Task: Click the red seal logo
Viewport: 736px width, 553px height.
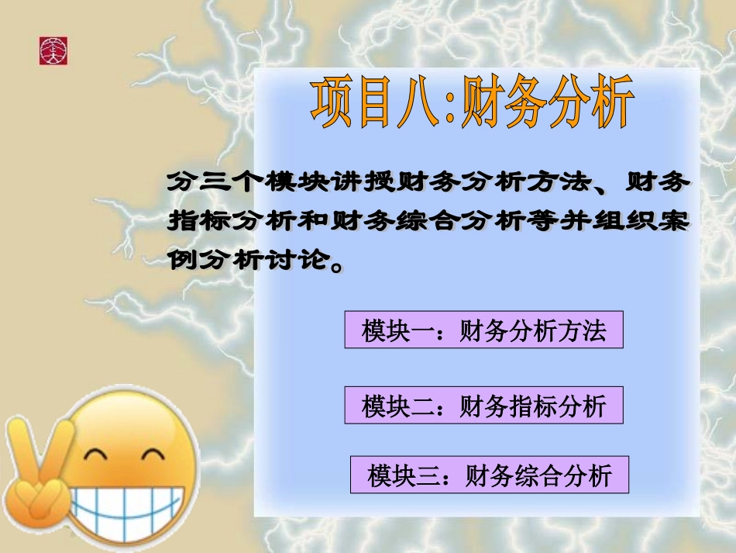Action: (x=53, y=50)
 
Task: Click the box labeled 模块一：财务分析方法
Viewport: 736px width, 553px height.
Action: (x=483, y=332)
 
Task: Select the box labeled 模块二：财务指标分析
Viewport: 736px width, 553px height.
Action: (x=483, y=406)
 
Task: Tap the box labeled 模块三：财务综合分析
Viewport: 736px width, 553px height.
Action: (x=489, y=475)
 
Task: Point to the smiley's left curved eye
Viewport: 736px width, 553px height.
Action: (x=98, y=455)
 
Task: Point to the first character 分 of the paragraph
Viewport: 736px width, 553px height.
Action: (x=180, y=184)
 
